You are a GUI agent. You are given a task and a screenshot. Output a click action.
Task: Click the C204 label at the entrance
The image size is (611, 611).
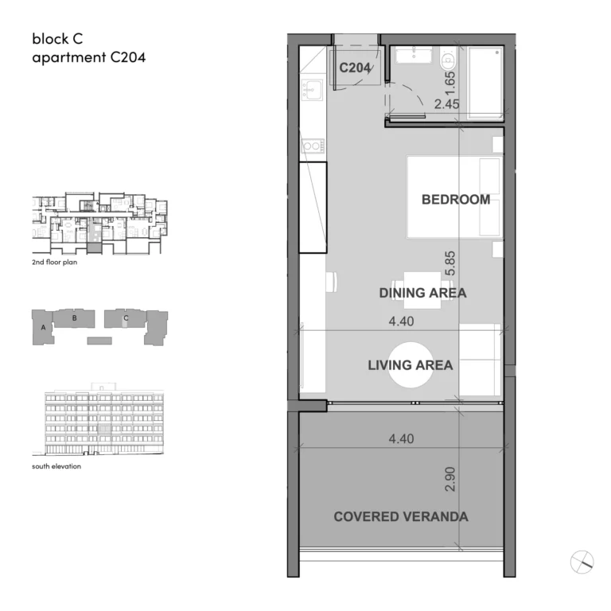click(355, 68)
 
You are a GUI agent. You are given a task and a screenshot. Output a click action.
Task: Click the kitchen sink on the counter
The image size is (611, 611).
click(312, 89)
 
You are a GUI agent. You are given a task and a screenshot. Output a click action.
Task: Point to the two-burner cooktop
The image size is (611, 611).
click(312, 146)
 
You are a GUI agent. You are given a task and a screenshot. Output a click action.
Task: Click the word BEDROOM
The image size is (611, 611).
click(455, 200)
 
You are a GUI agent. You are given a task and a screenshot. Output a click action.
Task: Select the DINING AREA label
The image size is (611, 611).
click(422, 293)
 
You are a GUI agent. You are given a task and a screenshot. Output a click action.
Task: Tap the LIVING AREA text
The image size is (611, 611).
click(410, 365)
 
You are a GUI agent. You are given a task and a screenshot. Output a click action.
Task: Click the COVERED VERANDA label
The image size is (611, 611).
click(400, 516)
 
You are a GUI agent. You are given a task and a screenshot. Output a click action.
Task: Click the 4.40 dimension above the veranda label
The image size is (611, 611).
click(403, 438)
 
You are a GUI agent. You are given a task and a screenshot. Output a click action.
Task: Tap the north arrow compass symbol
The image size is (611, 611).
click(582, 562)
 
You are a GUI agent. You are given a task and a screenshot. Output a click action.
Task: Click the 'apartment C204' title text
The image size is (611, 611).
click(88, 57)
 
